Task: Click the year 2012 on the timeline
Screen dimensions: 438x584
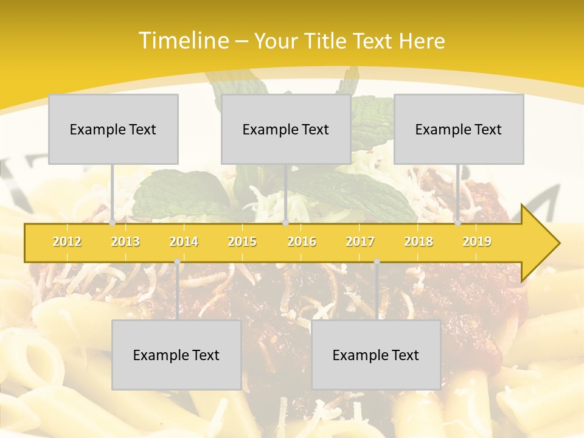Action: [x=67, y=242]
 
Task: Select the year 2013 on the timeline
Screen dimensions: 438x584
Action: [x=125, y=242]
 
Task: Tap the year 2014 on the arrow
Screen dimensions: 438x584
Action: [x=184, y=242]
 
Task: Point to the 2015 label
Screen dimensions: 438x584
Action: [x=242, y=242]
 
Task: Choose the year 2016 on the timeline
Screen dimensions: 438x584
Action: [x=302, y=242]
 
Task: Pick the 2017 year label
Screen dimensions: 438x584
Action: [x=360, y=242]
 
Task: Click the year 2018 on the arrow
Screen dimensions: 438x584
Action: [x=419, y=242]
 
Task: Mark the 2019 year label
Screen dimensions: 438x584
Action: [x=477, y=242]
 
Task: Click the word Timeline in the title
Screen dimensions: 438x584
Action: [x=182, y=41]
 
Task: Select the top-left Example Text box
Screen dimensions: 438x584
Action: [x=113, y=129]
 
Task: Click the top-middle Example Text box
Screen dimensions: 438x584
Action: [x=286, y=129]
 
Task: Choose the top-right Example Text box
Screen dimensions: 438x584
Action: [x=459, y=129]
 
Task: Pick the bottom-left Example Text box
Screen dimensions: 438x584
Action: [x=176, y=355]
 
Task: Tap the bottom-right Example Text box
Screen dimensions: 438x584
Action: [x=376, y=355]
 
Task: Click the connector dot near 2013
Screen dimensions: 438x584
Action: [x=113, y=223]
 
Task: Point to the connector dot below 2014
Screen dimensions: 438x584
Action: [x=177, y=262]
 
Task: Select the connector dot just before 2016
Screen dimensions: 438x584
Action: [x=285, y=223]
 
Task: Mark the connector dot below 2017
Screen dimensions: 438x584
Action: [x=377, y=262]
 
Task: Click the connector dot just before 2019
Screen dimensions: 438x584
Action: [x=458, y=223]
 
